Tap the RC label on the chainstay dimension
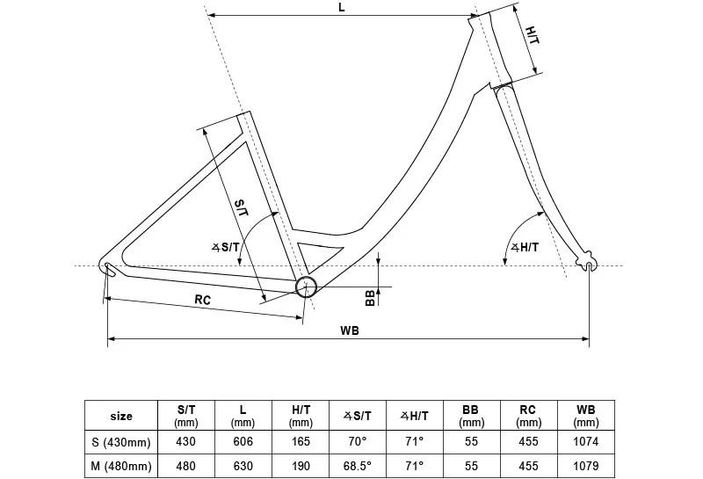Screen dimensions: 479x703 coord(202,300)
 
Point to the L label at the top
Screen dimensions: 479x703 coord(342,7)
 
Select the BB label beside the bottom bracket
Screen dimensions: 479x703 coord(371,297)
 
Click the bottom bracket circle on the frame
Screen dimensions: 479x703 coord(305,286)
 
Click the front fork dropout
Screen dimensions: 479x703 coord(588,264)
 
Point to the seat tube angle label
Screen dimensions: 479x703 coord(226,247)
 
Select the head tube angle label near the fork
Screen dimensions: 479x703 coord(524,248)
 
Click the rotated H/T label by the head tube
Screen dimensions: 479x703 coord(533,37)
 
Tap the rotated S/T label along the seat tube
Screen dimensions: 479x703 coord(241,209)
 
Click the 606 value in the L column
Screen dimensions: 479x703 coord(243,441)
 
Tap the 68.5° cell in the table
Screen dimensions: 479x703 coord(358,466)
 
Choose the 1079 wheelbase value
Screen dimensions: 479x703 coord(585,466)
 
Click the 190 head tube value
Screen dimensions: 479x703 coord(301,466)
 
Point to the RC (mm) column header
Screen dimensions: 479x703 coord(527,416)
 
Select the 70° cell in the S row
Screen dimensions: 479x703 coord(358,441)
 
